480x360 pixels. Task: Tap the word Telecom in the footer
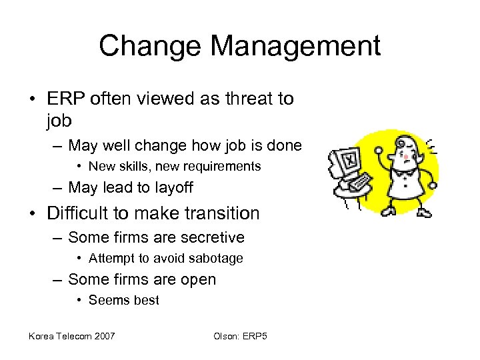tap(71, 335)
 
